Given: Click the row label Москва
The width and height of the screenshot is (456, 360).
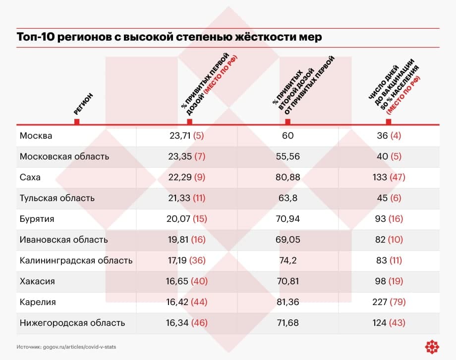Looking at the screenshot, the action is pos(36,136).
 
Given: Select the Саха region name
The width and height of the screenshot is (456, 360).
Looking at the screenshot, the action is pos(30,177).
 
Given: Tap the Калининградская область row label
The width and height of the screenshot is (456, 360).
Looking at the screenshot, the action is pos(76,260).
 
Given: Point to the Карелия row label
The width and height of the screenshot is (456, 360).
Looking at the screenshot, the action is pos(38,302).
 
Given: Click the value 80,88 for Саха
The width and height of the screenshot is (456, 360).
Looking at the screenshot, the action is pos(287,177).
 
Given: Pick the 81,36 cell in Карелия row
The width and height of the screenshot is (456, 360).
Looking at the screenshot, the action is pos(287,302).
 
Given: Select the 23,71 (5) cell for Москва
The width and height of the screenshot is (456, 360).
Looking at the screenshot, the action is pos(187,136).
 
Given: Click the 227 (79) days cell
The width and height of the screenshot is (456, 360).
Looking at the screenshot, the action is pos(389,302).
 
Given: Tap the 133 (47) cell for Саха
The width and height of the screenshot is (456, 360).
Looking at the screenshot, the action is pos(389,177).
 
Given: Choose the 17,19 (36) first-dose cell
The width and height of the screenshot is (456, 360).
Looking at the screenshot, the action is pos(187,260).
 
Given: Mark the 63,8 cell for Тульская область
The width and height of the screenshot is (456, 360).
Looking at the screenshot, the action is pos(287,198).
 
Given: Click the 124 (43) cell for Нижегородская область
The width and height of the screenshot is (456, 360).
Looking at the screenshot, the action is pos(389,323).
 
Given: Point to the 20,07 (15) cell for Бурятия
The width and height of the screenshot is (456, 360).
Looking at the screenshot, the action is pos(187,219).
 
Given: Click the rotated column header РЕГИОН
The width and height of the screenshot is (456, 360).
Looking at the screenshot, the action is pos(83,103).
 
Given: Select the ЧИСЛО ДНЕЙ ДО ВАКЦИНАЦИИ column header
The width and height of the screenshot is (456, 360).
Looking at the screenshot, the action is pos(394,87).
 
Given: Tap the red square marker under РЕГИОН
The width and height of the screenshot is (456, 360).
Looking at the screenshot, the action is pos(77,121).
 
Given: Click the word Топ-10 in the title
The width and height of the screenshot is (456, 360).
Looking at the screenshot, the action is pos(36,37).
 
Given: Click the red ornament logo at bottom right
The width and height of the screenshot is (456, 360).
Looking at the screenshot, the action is pos(432,347).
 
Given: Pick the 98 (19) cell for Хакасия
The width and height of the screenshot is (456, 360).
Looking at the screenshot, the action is pos(389,281).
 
